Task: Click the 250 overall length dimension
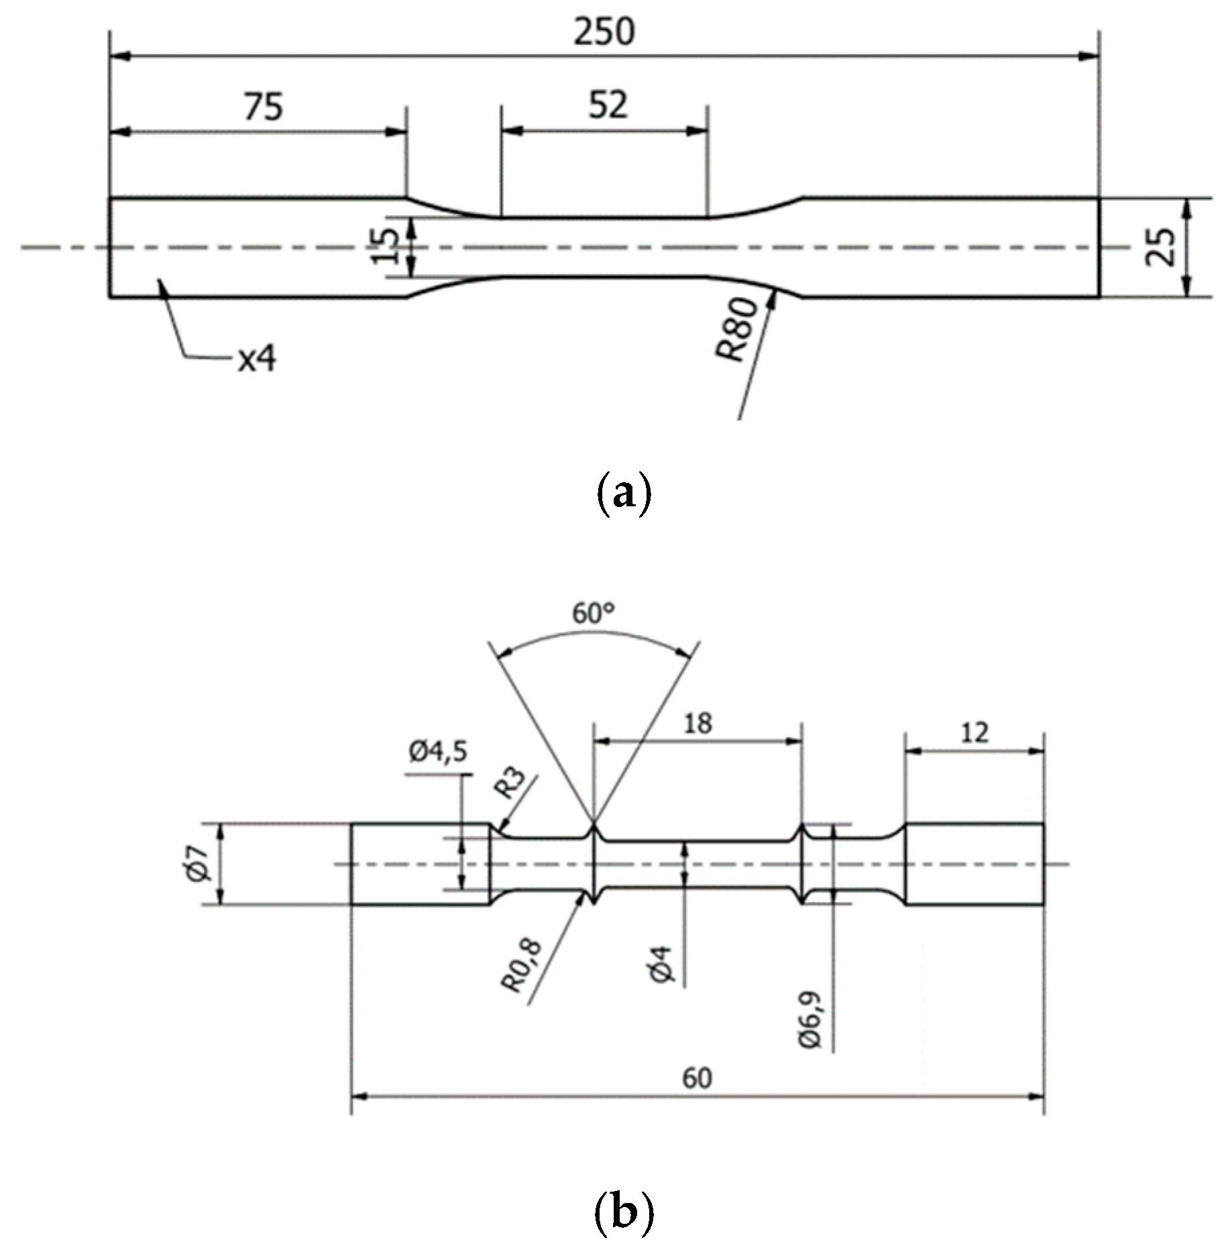603,32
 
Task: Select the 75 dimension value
263,107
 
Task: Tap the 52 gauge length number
608,105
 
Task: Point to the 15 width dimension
387,246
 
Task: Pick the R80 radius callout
736,330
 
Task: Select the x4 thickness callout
257,360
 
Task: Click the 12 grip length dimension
974,732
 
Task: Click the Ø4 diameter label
663,964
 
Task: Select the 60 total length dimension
697,1078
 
